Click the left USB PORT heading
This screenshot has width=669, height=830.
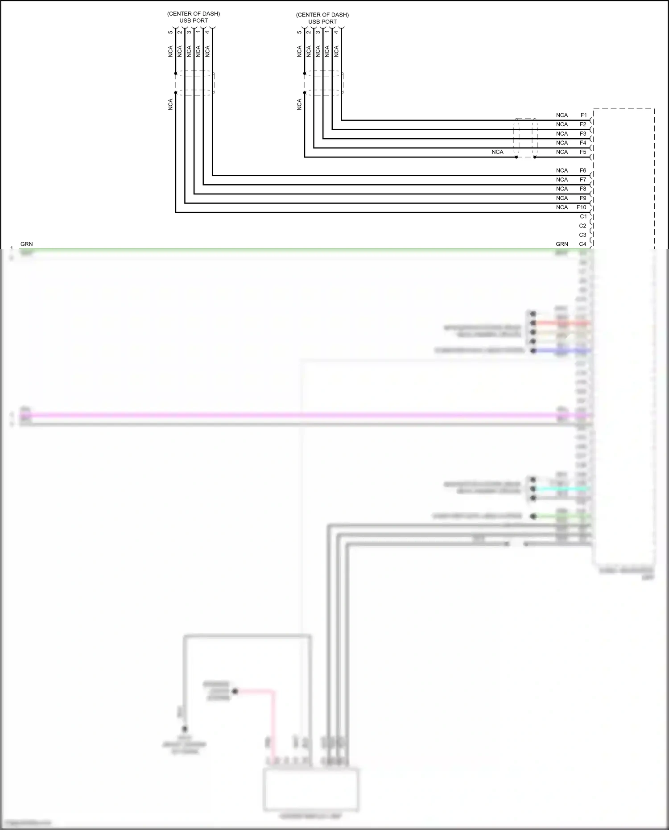tap(194, 21)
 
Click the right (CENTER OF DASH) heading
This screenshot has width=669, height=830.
tap(322, 15)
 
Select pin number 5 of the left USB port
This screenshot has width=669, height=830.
tap(170, 32)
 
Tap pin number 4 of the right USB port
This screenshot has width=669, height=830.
tap(336, 32)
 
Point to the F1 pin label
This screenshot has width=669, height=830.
tap(583, 115)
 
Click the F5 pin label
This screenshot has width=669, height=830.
tap(583, 152)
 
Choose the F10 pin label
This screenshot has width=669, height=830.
tap(581, 207)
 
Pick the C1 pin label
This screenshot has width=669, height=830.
tap(583, 216)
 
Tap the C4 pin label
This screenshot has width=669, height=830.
tap(582, 244)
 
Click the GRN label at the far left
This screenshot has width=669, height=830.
tap(27, 244)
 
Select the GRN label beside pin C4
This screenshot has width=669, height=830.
tap(562, 244)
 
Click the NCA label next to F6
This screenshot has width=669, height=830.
tap(562, 170)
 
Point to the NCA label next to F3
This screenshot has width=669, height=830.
tap(562, 134)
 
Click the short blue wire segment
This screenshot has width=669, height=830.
tap(562, 351)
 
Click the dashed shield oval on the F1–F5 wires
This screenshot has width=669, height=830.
tap(526, 138)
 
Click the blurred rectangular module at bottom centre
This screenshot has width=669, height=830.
tap(311, 789)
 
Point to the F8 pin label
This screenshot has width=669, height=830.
tap(583, 189)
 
